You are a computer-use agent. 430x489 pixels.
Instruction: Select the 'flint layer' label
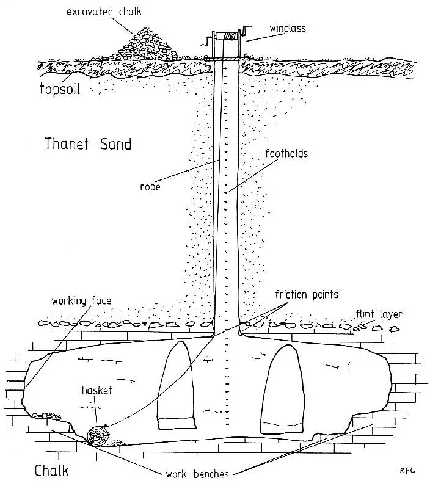pyautogui.click(x=379, y=314)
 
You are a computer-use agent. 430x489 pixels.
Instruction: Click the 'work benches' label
pyautogui.click(x=197, y=474)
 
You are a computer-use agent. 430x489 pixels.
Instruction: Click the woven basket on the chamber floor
pyautogui.click(x=98, y=435)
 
